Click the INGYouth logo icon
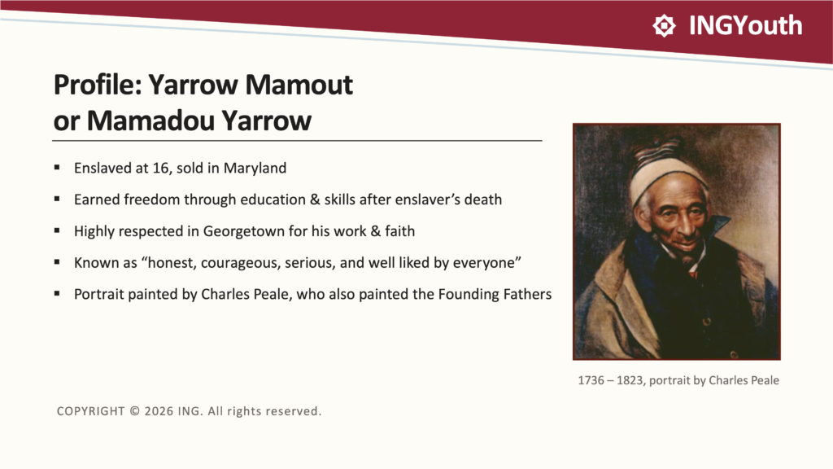(664, 25)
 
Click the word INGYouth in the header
(745, 25)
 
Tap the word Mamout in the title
(299, 85)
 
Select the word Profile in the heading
(98, 85)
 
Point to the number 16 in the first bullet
(160, 168)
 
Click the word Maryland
(255, 169)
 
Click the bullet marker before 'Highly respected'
(57, 230)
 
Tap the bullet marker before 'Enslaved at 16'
(57, 168)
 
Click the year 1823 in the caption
(630, 381)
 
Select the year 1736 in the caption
(591, 381)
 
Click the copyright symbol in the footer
(135, 411)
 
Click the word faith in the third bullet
(399, 231)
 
